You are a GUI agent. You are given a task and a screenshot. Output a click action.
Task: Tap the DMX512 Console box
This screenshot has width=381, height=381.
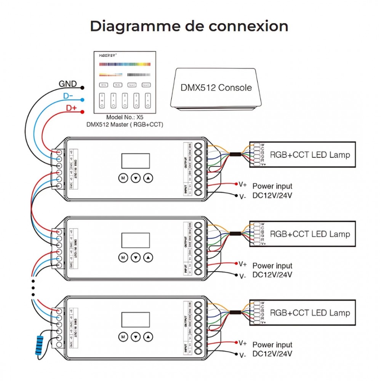click(x=216, y=88)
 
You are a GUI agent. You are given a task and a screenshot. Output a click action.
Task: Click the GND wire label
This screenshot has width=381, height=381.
click(x=67, y=84)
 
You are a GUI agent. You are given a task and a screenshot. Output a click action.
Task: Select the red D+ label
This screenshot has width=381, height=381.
click(x=71, y=108)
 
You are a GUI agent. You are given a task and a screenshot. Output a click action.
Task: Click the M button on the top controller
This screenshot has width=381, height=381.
click(x=123, y=178)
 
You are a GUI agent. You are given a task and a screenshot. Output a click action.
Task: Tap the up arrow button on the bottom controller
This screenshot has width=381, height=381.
click(x=148, y=336)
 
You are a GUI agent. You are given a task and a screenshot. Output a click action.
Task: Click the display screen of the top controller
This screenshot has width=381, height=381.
click(x=135, y=161)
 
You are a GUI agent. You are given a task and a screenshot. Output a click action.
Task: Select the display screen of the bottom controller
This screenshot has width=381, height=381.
click(x=135, y=319)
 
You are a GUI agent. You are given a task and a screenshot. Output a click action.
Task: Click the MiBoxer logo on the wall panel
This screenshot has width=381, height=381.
click(x=107, y=55)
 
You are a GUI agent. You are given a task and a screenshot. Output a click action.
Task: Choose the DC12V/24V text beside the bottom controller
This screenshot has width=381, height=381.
click(x=272, y=354)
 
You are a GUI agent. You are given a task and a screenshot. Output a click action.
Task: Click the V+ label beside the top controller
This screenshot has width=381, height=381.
click(x=243, y=185)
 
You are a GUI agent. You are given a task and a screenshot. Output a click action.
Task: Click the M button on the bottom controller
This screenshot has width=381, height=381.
click(x=123, y=336)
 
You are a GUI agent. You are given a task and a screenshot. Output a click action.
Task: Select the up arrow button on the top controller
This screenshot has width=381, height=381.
click(x=148, y=178)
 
